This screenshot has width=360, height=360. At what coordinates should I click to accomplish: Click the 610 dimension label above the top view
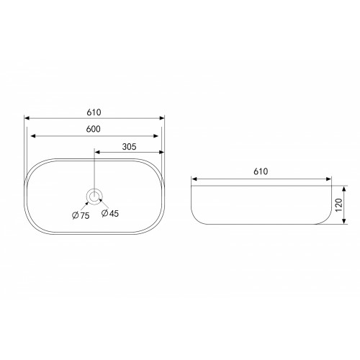tap(94, 112)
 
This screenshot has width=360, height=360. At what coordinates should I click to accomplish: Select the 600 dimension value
tap(93, 129)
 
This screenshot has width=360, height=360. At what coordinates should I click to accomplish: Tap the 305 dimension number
tap(129, 147)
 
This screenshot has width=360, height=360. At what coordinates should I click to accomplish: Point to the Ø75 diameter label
tap(81, 215)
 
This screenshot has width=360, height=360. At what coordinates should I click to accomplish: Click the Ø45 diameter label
tap(110, 213)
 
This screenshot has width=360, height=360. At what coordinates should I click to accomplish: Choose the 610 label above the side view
tap(261, 171)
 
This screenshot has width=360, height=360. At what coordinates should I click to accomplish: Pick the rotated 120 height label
tap(338, 205)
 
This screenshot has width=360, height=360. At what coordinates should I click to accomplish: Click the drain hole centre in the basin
tap(94, 197)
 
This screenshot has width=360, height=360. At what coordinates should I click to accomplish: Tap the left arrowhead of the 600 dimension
tap(33, 136)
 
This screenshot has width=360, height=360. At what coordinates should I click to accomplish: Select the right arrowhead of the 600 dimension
tap(156, 136)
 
